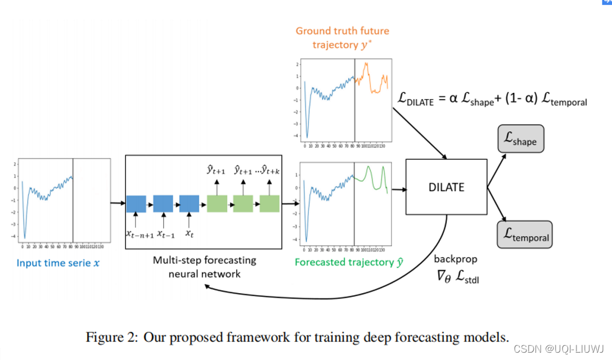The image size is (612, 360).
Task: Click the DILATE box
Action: [x=446, y=187]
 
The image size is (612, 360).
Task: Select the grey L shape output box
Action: [x=521, y=138]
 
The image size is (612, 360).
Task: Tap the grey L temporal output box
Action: [x=524, y=235]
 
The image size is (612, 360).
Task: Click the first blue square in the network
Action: [x=136, y=204]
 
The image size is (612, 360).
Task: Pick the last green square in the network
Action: [x=269, y=204]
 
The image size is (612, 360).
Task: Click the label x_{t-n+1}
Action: [x=138, y=233]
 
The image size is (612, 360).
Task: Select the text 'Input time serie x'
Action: [x=61, y=263]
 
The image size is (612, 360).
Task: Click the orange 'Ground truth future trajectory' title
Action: [x=342, y=38]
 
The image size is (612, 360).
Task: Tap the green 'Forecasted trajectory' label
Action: [x=344, y=262]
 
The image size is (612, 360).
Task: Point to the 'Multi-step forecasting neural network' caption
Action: [x=204, y=267]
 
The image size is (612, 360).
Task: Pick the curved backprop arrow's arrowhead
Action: [x=208, y=287]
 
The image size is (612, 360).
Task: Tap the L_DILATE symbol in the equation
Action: [x=416, y=101]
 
